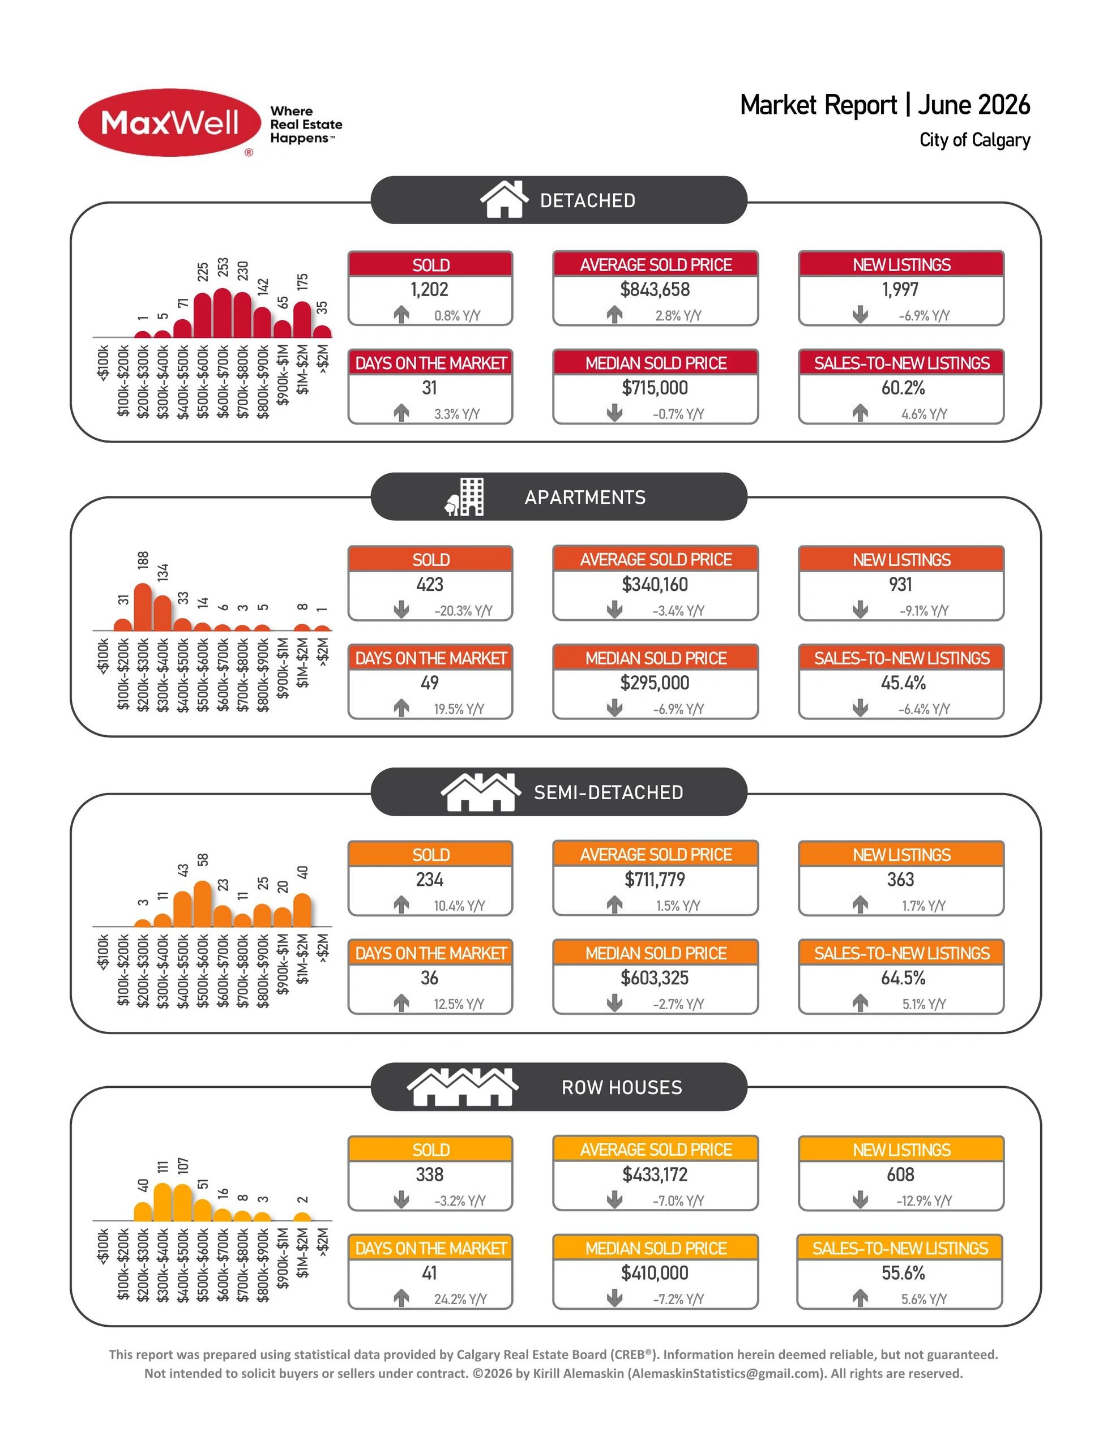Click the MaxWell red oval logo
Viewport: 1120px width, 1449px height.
pyautogui.click(x=169, y=123)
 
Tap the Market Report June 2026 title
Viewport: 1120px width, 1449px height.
pyautogui.click(x=885, y=105)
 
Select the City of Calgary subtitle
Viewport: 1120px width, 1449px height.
pyautogui.click(x=974, y=140)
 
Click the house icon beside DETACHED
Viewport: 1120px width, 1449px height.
pyautogui.click(x=505, y=199)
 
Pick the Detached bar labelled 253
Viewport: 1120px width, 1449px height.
pyautogui.click(x=223, y=312)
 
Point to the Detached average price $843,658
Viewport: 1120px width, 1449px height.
pyautogui.click(x=655, y=289)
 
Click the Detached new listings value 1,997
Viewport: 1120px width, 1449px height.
pyautogui.click(x=900, y=289)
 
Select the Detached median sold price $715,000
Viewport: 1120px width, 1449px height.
pyautogui.click(x=655, y=388)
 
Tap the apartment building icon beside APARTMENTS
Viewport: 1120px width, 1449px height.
pyautogui.click(x=464, y=496)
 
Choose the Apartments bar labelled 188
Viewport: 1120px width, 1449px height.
pyautogui.click(x=143, y=606)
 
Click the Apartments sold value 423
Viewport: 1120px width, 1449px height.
pyautogui.click(x=430, y=585)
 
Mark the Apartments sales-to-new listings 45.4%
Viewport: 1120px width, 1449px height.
pyautogui.click(x=903, y=683)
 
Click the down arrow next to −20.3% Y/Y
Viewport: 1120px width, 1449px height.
pyautogui.click(x=401, y=609)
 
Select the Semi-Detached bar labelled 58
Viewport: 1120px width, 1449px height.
pyautogui.click(x=203, y=903)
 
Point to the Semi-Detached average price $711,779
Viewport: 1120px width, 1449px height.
pyautogui.click(x=655, y=880)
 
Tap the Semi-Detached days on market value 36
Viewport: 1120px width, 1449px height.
pyautogui.click(x=430, y=978)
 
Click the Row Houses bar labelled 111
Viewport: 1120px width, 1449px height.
pyautogui.click(x=163, y=1202)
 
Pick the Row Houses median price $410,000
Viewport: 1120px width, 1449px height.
pyautogui.click(x=655, y=1272)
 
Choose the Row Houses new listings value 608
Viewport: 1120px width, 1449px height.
pyautogui.click(x=900, y=1174)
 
